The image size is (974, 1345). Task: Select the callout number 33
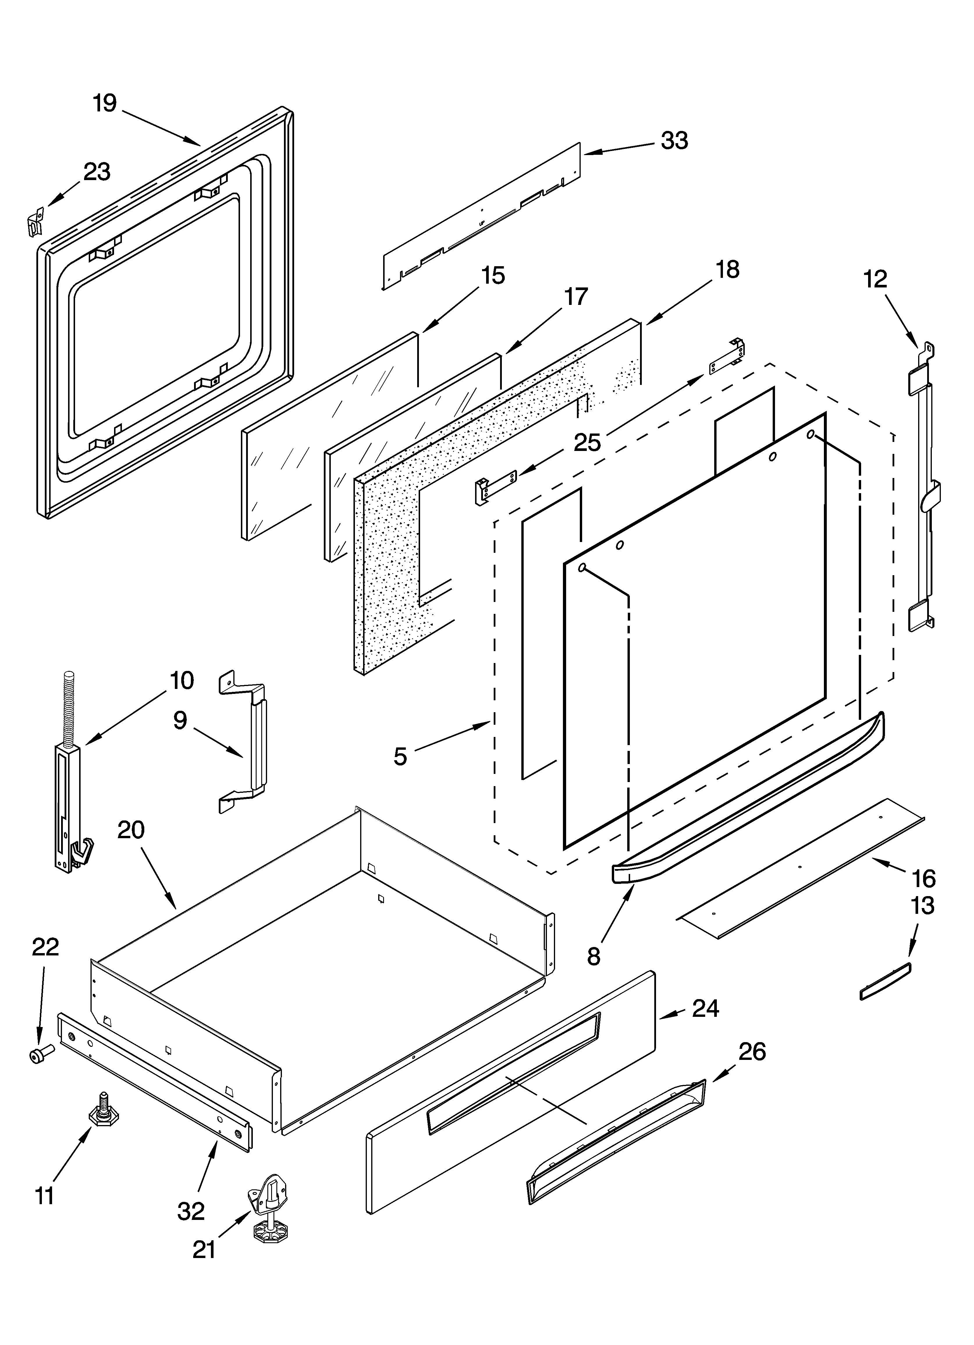674,141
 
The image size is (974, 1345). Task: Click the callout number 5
400,756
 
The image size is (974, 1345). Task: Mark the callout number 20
131,830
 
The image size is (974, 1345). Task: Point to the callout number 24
706,1008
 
